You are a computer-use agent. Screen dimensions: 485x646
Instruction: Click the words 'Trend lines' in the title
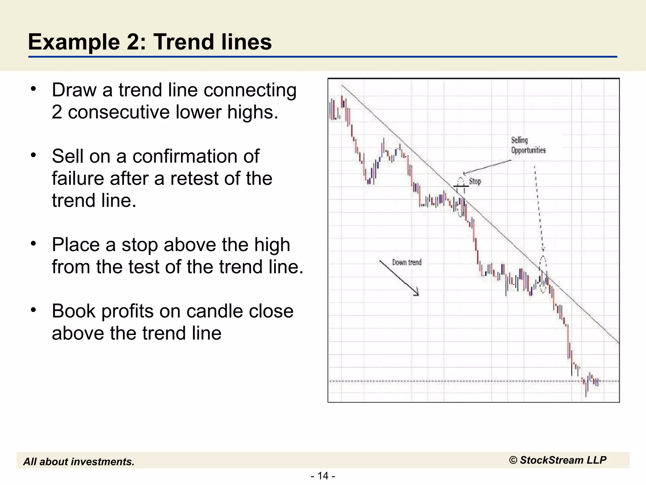coord(213,42)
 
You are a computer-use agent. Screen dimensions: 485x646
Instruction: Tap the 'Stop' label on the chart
coord(475,182)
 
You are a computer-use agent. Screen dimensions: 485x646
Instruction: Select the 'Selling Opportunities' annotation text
coord(528,145)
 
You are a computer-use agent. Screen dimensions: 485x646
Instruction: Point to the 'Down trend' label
coord(407,262)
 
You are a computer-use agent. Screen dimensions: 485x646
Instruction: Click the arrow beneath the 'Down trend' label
coord(399,278)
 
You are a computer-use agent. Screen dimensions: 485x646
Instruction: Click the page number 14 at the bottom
coord(323,476)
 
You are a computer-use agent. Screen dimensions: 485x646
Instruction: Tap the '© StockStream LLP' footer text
coord(557,460)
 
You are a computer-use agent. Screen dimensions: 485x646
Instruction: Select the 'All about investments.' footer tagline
coord(79,462)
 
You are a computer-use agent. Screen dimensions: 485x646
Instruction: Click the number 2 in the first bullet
coord(57,112)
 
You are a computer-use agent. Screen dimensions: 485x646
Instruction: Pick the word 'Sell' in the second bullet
coord(68,156)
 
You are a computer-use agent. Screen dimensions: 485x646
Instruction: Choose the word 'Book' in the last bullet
coord(73,311)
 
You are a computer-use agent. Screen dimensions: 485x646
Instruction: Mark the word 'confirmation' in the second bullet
coord(196,156)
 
